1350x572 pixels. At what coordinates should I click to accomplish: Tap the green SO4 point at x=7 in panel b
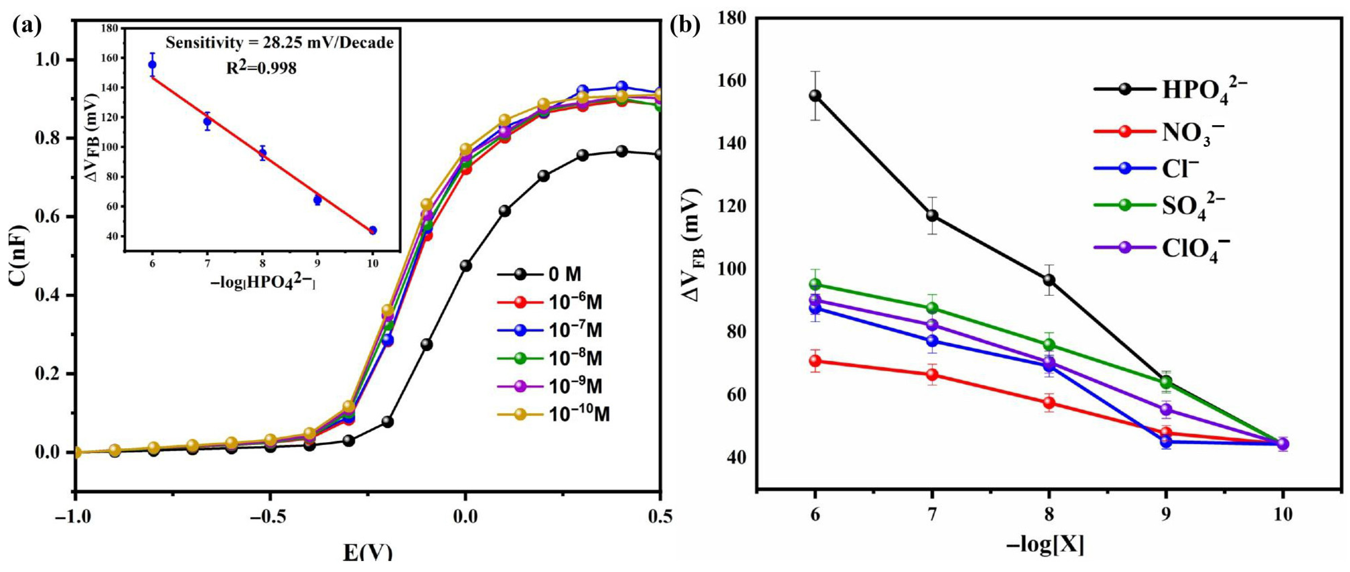click(932, 308)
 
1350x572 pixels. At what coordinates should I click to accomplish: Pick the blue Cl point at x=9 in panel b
click(1166, 441)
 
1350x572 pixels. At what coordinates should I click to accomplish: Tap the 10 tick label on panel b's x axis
click(1282, 515)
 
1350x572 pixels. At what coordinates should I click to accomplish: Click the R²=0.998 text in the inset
click(261, 68)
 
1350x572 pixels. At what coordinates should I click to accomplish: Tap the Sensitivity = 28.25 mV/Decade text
click(279, 43)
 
